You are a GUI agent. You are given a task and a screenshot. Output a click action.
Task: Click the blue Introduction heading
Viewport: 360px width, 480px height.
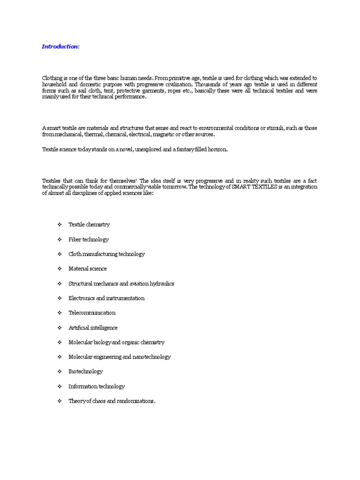point(60,46)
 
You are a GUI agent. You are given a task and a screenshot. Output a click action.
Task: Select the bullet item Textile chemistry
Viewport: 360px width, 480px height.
point(89,225)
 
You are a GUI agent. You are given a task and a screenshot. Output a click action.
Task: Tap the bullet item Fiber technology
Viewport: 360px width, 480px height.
point(89,240)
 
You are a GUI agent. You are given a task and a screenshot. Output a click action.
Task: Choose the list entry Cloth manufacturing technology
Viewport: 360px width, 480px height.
point(106,254)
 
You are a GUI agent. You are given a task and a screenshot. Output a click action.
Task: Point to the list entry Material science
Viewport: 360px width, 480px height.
point(88,269)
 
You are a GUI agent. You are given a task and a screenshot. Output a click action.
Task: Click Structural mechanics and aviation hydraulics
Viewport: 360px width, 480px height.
point(121,284)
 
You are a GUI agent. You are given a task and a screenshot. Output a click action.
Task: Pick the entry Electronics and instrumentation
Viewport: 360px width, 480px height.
point(106,298)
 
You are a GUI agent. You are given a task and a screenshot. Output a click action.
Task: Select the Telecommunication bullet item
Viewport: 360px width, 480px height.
point(92,313)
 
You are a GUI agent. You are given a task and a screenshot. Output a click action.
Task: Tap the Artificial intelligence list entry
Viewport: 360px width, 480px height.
point(93,328)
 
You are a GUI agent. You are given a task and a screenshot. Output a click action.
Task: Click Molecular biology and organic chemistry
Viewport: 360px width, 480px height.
point(116,342)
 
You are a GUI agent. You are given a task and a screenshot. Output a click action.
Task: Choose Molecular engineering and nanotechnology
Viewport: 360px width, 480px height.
point(120,357)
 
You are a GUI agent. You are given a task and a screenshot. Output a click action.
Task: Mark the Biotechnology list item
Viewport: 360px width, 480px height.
point(85,372)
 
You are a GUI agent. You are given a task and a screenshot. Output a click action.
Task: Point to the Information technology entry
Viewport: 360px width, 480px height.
point(97,386)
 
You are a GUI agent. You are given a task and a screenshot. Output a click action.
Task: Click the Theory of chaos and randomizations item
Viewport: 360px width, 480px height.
point(112,401)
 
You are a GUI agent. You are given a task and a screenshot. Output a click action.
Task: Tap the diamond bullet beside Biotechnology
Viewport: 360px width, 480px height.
point(60,372)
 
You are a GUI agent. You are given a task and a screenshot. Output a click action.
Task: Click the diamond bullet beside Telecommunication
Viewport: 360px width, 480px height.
point(60,313)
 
